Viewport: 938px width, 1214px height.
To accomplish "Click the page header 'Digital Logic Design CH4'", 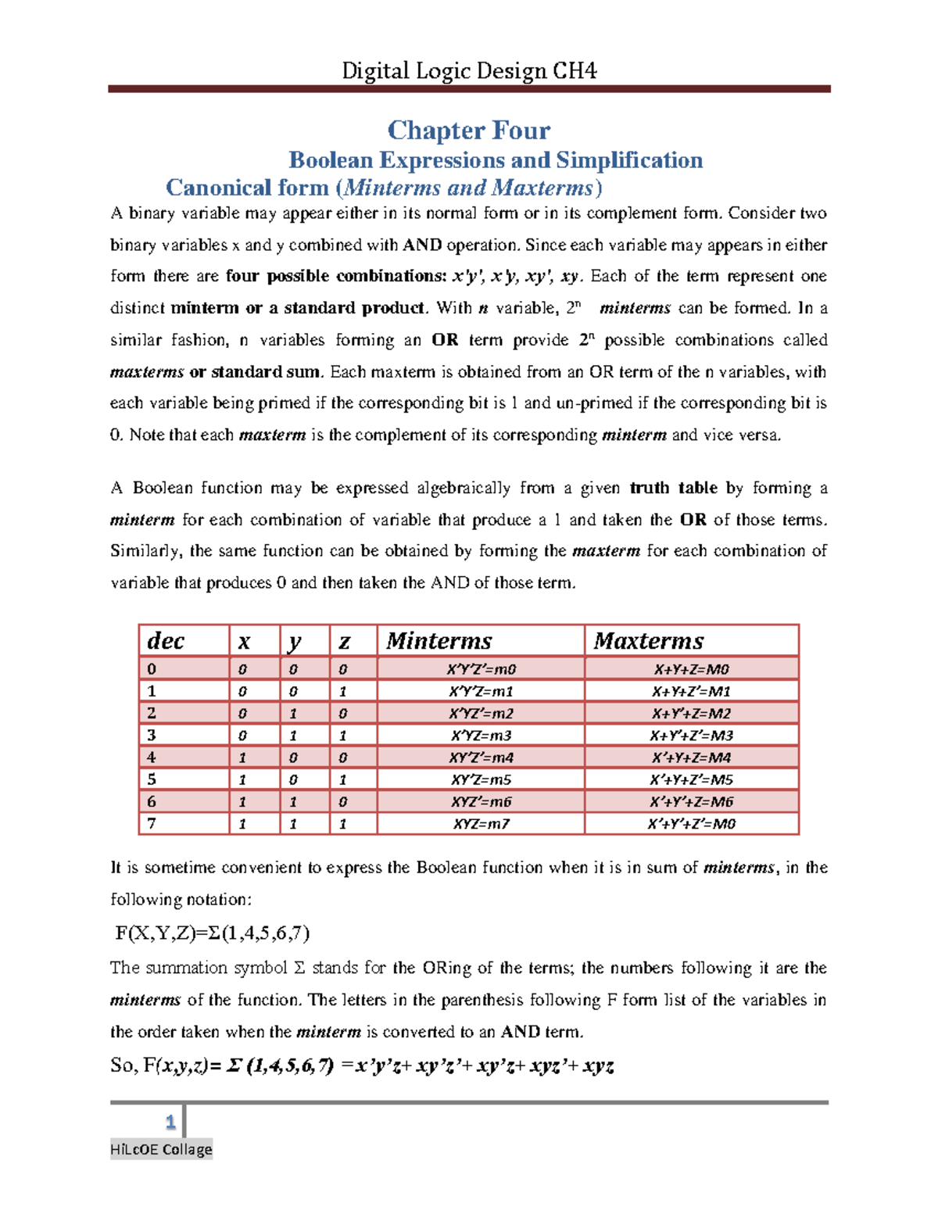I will pyautogui.click(x=469, y=71).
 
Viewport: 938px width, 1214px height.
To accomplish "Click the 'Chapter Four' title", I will pyautogui.click(x=469, y=130).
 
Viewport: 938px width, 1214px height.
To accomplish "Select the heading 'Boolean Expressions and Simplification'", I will pyautogui.click(x=496, y=160).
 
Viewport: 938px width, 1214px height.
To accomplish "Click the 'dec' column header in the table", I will pyautogui.click(x=166, y=641).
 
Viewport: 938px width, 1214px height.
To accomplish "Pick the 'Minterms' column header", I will pyautogui.click(x=439, y=641).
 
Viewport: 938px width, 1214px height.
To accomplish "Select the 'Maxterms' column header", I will pyautogui.click(x=649, y=641).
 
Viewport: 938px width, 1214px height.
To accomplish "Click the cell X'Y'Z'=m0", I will pyautogui.click(x=481, y=669).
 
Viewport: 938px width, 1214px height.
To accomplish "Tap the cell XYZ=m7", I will pyautogui.click(x=481, y=824).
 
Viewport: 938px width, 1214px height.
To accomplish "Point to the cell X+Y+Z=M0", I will pyautogui.click(x=691, y=669).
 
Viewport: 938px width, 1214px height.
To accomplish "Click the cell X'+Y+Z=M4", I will pyautogui.click(x=691, y=757).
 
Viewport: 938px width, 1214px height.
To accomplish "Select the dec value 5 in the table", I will pyautogui.click(x=152, y=779).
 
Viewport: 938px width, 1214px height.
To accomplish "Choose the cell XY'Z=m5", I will pyautogui.click(x=481, y=779).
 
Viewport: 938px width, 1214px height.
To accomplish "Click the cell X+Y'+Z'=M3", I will pyautogui.click(x=691, y=736).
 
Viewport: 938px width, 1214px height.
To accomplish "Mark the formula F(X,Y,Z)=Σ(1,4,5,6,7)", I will pyautogui.click(x=213, y=933).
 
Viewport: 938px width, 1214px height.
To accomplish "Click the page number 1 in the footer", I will pyautogui.click(x=170, y=1123).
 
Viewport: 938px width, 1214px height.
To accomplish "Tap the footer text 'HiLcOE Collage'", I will pyautogui.click(x=161, y=1149).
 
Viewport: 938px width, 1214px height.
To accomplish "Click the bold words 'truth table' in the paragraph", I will pyautogui.click(x=673, y=488).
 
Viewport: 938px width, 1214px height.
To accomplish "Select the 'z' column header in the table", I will pyautogui.click(x=344, y=642).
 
